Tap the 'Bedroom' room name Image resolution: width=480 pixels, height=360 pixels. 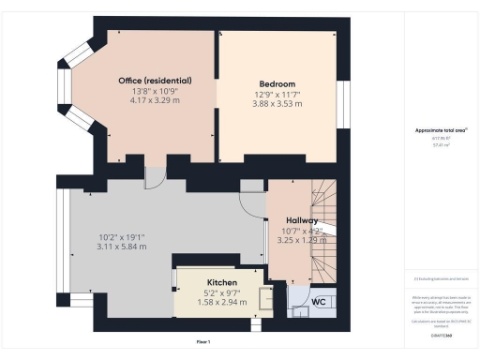click(277, 83)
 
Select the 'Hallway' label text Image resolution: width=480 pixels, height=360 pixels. click(300, 220)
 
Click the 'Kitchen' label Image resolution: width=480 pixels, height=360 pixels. click(222, 282)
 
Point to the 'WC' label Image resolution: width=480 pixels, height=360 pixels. click(318, 302)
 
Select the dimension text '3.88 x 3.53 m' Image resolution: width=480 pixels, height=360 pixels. click(277, 104)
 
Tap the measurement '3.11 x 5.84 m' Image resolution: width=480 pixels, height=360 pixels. click(119, 246)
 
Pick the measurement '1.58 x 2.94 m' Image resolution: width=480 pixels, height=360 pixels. click(222, 303)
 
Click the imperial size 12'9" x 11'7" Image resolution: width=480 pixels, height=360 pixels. click(277, 94)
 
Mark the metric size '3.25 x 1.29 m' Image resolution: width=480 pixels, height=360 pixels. click(300, 241)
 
